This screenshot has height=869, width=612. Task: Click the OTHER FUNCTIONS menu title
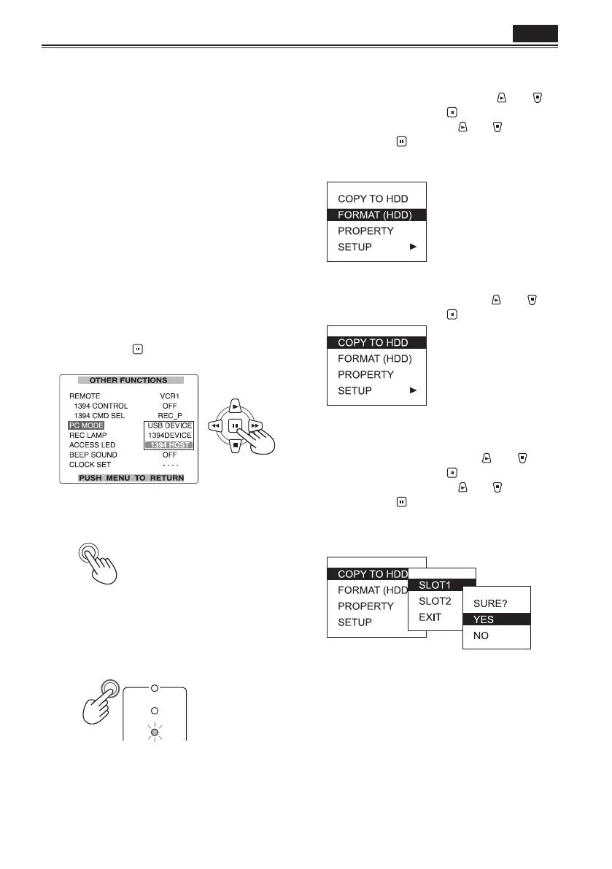click(128, 380)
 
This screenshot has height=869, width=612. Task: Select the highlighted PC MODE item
click(87, 425)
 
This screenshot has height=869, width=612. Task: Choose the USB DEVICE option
click(169, 425)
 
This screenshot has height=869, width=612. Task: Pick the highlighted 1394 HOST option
click(169, 445)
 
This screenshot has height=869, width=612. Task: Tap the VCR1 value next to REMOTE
click(169, 395)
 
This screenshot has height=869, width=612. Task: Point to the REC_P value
click(169, 415)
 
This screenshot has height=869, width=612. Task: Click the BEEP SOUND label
click(93, 455)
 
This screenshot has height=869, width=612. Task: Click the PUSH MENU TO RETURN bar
click(131, 478)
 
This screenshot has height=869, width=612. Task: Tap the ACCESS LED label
click(90, 445)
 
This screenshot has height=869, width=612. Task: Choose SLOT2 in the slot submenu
click(435, 600)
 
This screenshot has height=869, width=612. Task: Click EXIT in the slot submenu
click(430, 617)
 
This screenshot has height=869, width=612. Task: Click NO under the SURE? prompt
click(481, 636)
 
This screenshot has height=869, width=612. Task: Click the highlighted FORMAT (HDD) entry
click(376, 215)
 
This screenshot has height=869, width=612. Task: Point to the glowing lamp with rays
click(154, 731)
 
